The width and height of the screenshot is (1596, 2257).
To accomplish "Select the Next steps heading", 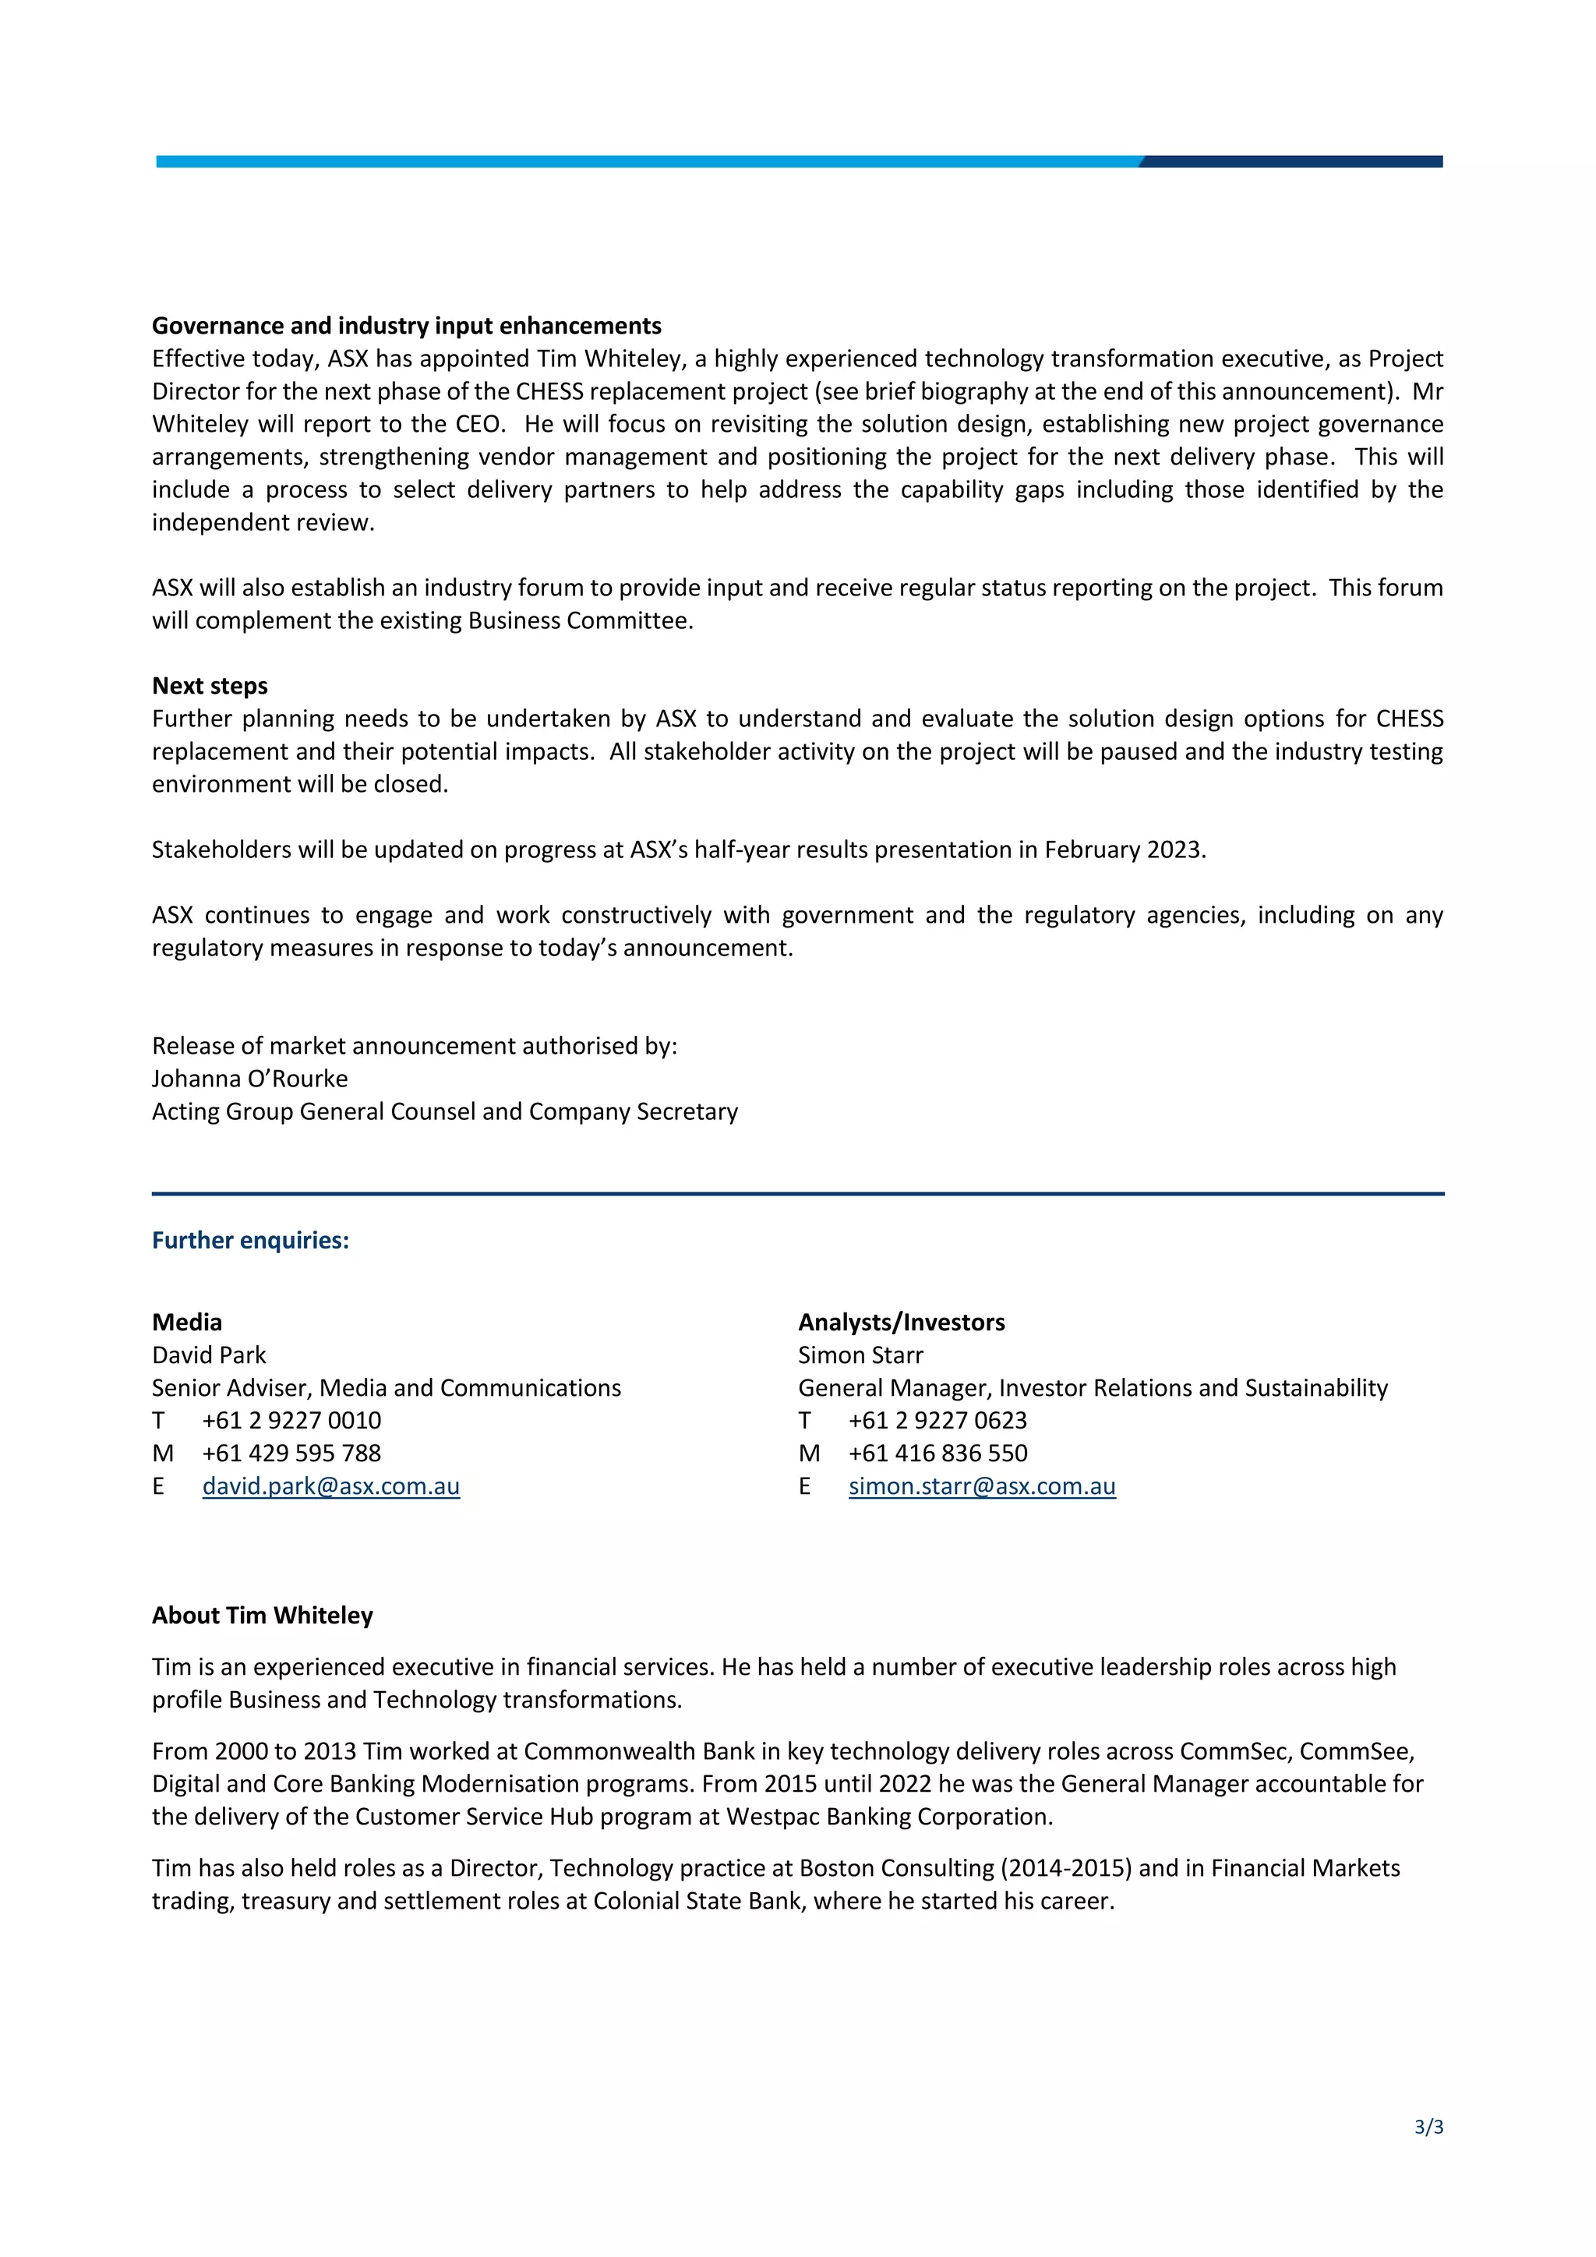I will pyautogui.click(x=210, y=685).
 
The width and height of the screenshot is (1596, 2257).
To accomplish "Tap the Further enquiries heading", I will pyautogui.click(x=251, y=1240).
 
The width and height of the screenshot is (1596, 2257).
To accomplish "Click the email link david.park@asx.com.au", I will pyautogui.click(x=330, y=1485).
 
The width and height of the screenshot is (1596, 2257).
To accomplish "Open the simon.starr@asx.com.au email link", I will pyautogui.click(x=982, y=1485).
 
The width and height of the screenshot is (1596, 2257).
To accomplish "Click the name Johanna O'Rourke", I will pyautogui.click(x=249, y=1079).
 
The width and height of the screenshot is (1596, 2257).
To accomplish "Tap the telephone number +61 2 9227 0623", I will pyautogui.click(x=937, y=1421).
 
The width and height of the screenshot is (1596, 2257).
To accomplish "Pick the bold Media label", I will pyautogui.click(x=187, y=1322).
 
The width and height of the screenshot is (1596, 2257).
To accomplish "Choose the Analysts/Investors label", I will pyautogui.click(x=901, y=1322).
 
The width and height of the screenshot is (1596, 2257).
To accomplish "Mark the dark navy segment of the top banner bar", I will pyautogui.click(x=1292, y=161).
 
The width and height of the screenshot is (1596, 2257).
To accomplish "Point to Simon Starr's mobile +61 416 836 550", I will pyautogui.click(x=937, y=1453).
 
